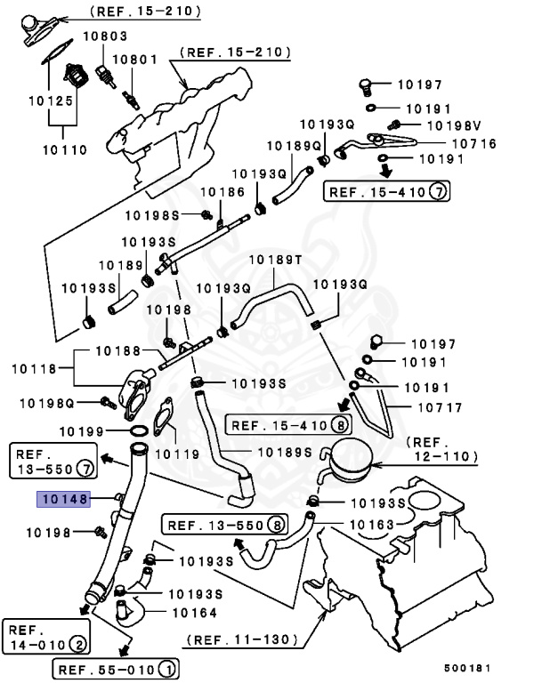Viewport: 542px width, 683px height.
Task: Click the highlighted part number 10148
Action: (x=62, y=500)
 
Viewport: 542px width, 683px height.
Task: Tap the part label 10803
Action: (x=105, y=36)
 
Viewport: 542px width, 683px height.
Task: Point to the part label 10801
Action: (x=135, y=60)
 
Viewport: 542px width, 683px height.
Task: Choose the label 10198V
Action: (x=455, y=125)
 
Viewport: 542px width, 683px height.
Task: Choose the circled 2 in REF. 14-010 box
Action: (x=79, y=643)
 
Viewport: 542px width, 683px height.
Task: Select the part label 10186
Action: (x=222, y=191)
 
